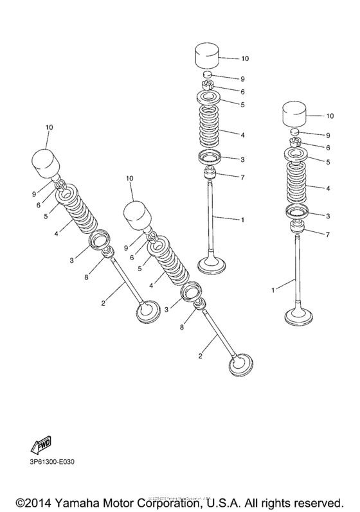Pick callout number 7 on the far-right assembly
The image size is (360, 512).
coord(327,235)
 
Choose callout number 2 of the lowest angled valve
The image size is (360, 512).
coord(201,355)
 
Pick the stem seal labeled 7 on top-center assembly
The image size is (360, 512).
coord(209,174)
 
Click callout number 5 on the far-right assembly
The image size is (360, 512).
coord(327,163)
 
